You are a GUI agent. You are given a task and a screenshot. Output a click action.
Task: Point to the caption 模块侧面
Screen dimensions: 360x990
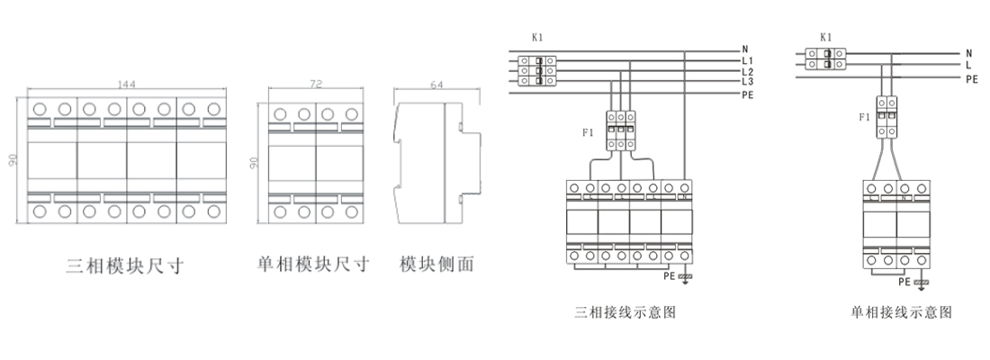point(436,265)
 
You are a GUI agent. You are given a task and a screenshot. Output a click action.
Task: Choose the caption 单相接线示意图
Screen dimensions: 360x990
point(900,313)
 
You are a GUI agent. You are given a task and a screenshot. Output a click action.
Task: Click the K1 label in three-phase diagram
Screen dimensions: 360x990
point(537,38)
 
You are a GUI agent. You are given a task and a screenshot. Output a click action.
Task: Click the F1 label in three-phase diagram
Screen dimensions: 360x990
point(588,133)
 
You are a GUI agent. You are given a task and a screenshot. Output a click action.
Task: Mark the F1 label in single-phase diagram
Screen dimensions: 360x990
point(864,116)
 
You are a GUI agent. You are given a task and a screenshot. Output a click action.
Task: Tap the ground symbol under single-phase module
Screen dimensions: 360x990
point(921,284)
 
